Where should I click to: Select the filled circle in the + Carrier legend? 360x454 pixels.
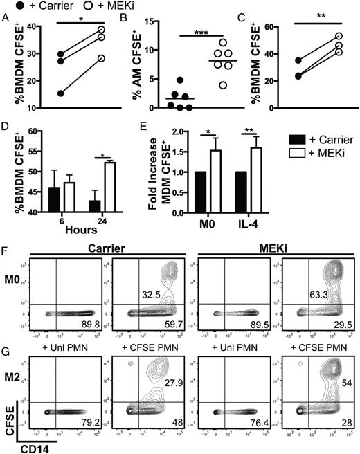[x=8, y=8]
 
